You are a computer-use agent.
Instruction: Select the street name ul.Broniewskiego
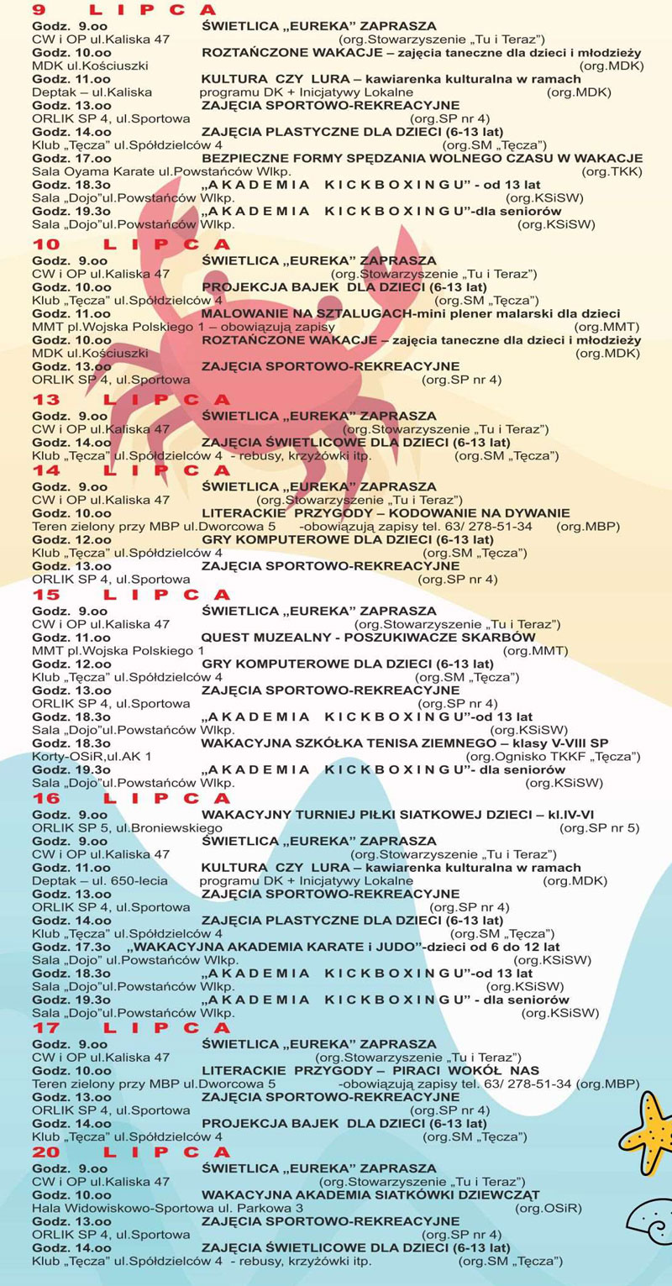(169, 828)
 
